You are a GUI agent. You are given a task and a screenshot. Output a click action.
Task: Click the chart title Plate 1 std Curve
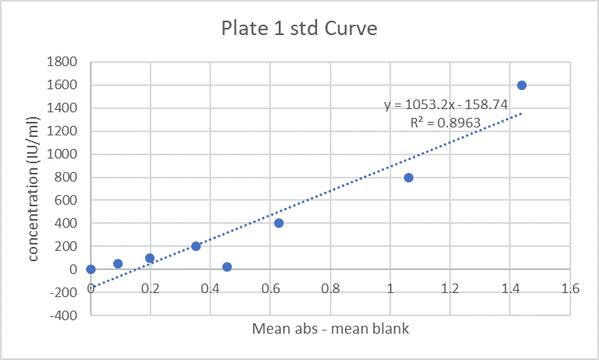(x=299, y=29)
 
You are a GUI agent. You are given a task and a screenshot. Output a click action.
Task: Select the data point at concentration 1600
(x=522, y=85)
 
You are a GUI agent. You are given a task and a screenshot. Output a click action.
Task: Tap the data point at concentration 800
(x=409, y=178)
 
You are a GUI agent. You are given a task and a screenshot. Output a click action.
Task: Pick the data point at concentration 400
(x=279, y=223)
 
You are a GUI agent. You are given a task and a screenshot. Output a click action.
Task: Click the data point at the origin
(x=91, y=269)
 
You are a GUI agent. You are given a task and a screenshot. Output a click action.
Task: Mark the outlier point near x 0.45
(x=227, y=267)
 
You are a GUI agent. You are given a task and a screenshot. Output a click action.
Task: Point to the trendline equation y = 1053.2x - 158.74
(x=446, y=104)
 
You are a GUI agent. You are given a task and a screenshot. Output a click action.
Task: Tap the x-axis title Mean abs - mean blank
(x=331, y=328)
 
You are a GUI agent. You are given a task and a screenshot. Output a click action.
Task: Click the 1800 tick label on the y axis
(x=61, y=62)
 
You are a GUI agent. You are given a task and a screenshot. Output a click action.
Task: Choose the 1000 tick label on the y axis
(x=61, y=155)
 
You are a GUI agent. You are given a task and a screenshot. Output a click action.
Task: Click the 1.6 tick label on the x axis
(x=569, y=289)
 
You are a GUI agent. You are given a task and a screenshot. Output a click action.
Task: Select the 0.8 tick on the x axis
(x=330, y=289)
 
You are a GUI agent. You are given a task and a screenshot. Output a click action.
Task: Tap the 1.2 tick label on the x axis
(x=449, y=289)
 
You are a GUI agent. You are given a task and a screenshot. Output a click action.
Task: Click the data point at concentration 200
(x=196, y=246)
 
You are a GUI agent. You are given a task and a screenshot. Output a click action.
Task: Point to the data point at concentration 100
(x=150, y=258)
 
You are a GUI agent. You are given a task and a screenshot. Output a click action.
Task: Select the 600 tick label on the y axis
(x=65, y=201)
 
